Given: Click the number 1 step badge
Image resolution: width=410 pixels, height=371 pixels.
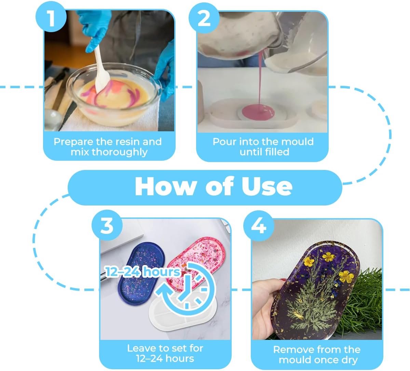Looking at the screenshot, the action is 51,17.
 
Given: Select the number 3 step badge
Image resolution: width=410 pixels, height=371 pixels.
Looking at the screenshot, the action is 107,225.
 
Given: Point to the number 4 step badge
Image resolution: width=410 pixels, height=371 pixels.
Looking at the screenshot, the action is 259,226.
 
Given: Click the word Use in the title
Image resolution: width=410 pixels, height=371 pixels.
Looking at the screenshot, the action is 267,186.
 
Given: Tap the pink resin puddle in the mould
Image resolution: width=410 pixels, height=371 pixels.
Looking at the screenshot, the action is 258,112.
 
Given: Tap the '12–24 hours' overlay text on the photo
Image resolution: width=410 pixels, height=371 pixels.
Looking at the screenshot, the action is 143,272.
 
